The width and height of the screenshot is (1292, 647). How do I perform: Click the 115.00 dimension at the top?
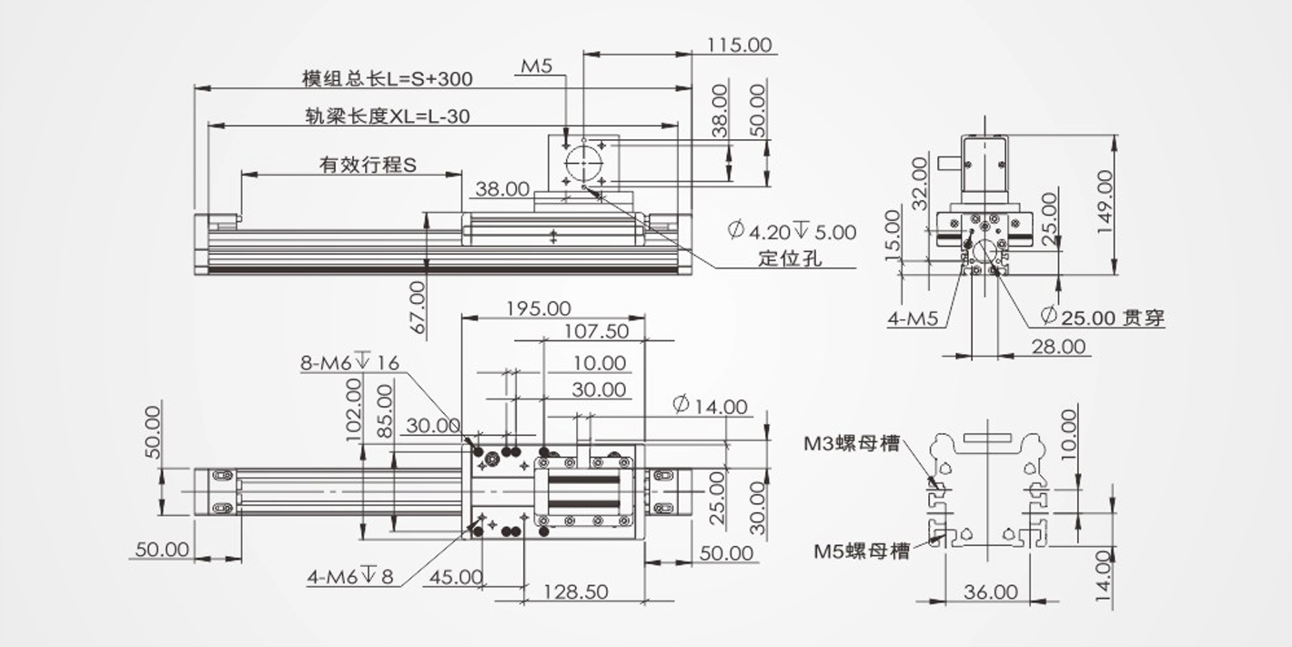[x=740, y=45]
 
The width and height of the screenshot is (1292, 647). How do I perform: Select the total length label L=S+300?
[x=387, y=78]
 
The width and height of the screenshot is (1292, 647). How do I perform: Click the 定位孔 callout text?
[x=790, y=258]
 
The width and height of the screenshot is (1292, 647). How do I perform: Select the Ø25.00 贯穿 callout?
[x=1101, y=318]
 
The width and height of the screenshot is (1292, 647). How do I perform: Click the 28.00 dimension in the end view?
[x=1058, y=346]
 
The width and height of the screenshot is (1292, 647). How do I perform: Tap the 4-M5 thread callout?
[x=913, y=318]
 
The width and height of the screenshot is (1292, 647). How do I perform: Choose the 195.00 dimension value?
[x=538, y=308]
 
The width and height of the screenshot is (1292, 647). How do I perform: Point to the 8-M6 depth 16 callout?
[x=349, y=363]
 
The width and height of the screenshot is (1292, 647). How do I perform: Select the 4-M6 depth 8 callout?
[x=350, y=576]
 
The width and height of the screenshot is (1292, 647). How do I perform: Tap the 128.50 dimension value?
[x=576, y=591]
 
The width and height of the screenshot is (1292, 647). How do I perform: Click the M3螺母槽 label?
[x=851, y=443]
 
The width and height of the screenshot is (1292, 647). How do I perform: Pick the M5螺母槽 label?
[x=861, y=551]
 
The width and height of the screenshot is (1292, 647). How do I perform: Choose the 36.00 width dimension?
[x=990, y=591]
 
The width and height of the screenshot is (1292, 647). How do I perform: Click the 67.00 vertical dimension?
[x=417, y=306]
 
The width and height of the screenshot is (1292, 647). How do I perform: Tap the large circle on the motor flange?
[x=583, y=163]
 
